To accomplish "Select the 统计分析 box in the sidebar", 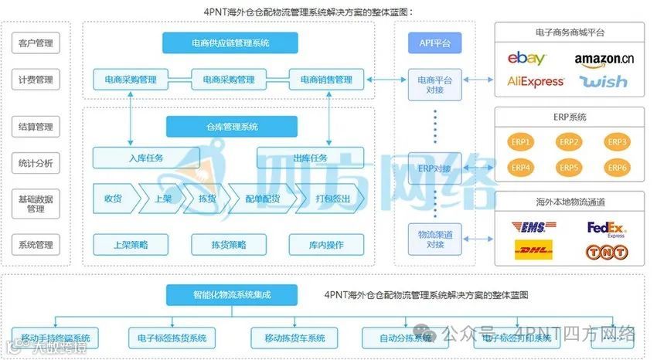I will point(36,164).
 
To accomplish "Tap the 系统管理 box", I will point(36,245).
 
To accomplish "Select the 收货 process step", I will point(113,199).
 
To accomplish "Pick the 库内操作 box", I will point(325,245).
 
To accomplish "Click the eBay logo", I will point(526,58).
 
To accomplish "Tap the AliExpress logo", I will point(536,82).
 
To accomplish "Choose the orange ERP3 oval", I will point(617,142).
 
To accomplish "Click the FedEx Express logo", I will point(606,228).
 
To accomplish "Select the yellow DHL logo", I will point(533,250).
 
